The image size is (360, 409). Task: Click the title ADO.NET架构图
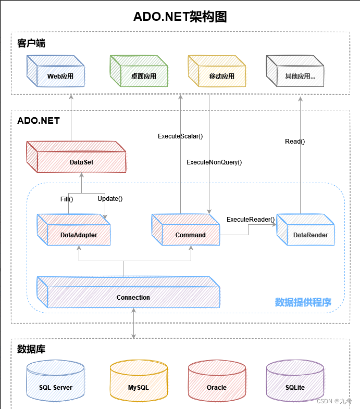coord(180,17)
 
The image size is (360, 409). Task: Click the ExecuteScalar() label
coord(180,136)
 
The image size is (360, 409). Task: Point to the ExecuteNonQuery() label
coord(214,162)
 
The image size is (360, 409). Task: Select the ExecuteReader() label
coord(251,220)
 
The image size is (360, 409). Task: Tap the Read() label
coord(295,141)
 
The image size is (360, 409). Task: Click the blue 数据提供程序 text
coord(303,302)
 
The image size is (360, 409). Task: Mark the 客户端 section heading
coord(31,44)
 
